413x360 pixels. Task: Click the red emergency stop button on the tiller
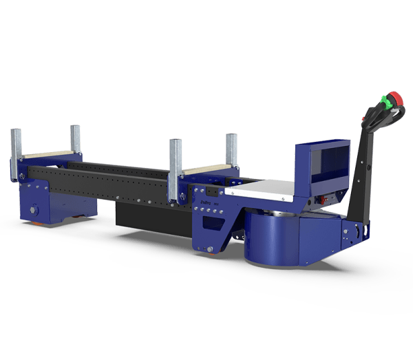tap(394, 98)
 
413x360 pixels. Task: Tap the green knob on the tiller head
tap(387, 105)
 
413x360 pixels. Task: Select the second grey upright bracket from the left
tap(75, 141)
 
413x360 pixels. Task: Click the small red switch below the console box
tap(318, 202)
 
